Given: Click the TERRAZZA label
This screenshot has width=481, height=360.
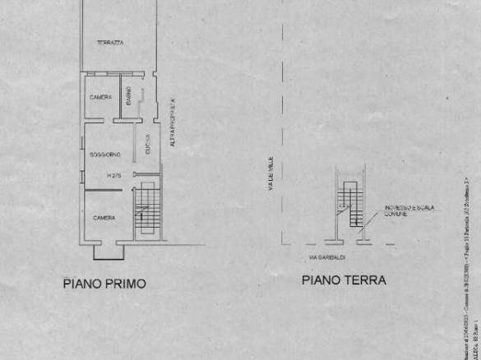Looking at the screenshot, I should tap(109, 43).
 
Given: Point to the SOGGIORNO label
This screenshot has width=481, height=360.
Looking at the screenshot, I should tap(106, 154).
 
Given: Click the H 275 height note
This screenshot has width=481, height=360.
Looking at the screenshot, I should tap(113, 176).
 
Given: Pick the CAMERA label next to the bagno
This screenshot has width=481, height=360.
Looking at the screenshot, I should tap(101, 98).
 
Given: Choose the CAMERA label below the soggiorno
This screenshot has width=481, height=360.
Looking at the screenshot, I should tap(104, 218).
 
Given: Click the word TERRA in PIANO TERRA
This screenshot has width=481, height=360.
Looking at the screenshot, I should tap(366, 279).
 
